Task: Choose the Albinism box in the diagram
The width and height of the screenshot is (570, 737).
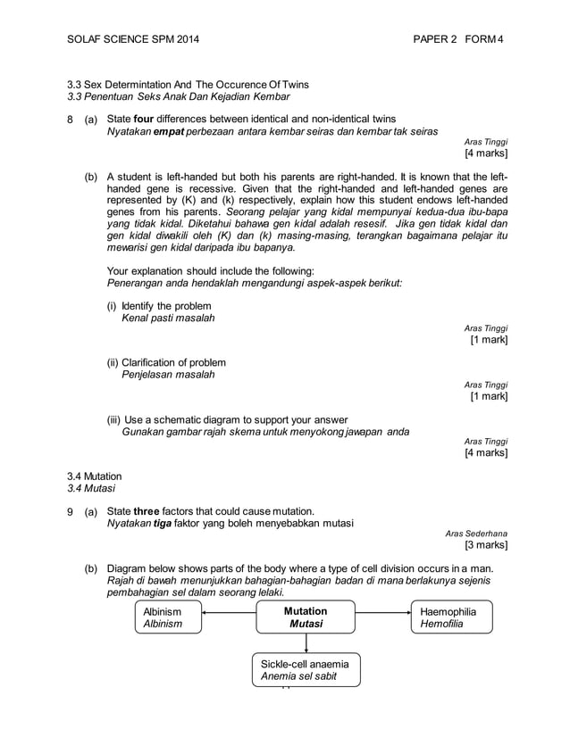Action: pyautogui.click(x=167, y=618)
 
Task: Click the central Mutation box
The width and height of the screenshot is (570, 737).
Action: pyautogui.click(x=306, y=618)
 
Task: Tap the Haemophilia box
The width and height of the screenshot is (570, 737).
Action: pyautogui.click(x=452, y=618)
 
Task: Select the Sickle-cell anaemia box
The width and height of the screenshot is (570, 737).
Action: pyautogui.click(x=306, y=670)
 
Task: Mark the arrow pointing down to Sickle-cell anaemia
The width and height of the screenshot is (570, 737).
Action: pyautogui.click(x=306, y=644)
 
